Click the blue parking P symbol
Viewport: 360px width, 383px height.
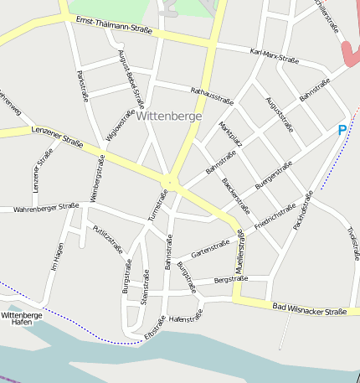point(342,130)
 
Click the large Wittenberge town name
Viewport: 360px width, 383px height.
point(168,116)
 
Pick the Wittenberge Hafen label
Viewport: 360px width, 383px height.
point(22,318)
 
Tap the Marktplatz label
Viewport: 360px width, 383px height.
point(230,135)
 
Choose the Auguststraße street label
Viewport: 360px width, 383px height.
point(280,115)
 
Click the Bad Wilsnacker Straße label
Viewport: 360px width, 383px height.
point(310,310)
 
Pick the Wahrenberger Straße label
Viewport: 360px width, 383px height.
point(46,206)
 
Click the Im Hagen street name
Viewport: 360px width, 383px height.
point(57,256)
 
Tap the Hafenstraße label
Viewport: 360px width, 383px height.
point(185,318)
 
